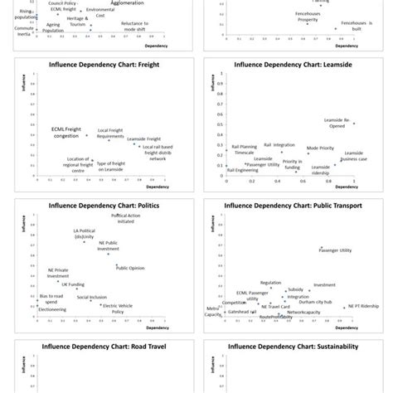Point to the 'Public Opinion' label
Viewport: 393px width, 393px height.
click(132, 268)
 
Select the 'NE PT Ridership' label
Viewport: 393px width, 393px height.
click(363, 306)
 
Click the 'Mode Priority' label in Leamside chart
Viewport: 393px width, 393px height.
click(320, 148)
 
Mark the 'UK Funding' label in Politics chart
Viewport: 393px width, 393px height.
click(64, 284)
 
